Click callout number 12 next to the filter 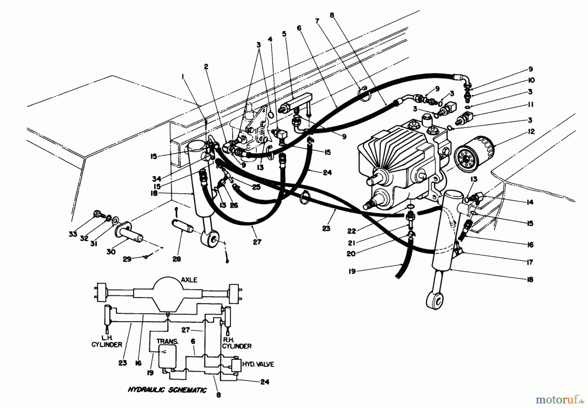pos(531,131)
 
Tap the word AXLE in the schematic pos(189,280)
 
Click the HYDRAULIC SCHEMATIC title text pos(167,390)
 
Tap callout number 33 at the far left pos(73,234)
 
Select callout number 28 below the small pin pos(178,259)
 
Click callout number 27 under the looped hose pos(257,242)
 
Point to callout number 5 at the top pos(284,34)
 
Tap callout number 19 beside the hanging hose pos(352,271)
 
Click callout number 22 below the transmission pos(351,231)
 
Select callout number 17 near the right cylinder pos(530,262)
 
